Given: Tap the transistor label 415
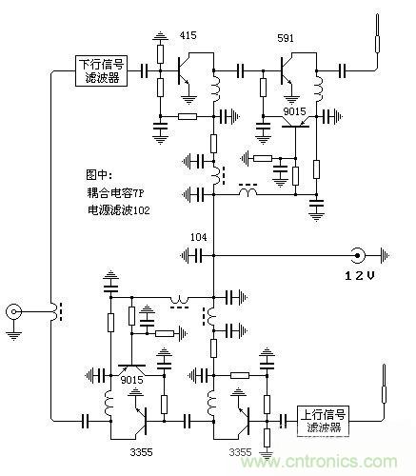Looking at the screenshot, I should click(x=188, y=36).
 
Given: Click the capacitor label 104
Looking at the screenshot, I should click(x=199, y=236).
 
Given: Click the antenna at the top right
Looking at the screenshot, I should click(x=378, y=38).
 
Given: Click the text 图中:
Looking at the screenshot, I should click(x=101, y=175).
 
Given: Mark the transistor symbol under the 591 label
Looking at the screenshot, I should click(x=288, y=70).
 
